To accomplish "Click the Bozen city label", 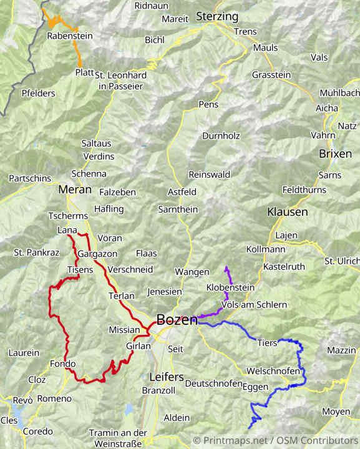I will pos(177,320).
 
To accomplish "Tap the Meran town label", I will pos(74,190).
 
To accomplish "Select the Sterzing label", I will pos(217,16).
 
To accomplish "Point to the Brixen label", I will pos(335,153).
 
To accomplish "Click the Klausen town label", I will pos(287,212).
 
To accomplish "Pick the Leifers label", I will pos(167,377).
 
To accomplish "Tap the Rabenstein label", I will pos(70,36).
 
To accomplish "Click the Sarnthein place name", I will pos(178,210).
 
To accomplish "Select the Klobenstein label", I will pos(230,288).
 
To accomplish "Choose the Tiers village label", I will pos(267,343).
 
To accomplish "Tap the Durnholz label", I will pos(221,135).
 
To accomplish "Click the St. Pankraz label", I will pos(36,253).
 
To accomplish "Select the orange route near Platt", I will pos(79,57).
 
